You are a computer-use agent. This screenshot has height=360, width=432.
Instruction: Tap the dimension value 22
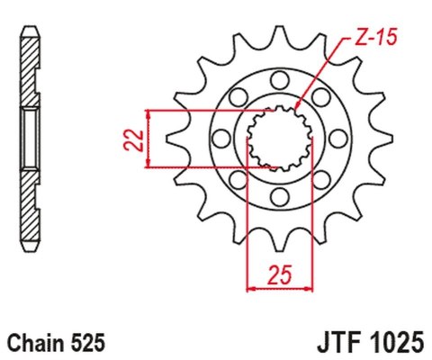131,138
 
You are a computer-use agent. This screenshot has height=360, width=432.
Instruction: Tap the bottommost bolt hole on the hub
277,196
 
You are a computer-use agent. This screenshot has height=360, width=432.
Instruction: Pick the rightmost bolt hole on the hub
334,138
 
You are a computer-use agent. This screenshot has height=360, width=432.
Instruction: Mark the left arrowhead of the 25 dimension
251,288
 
